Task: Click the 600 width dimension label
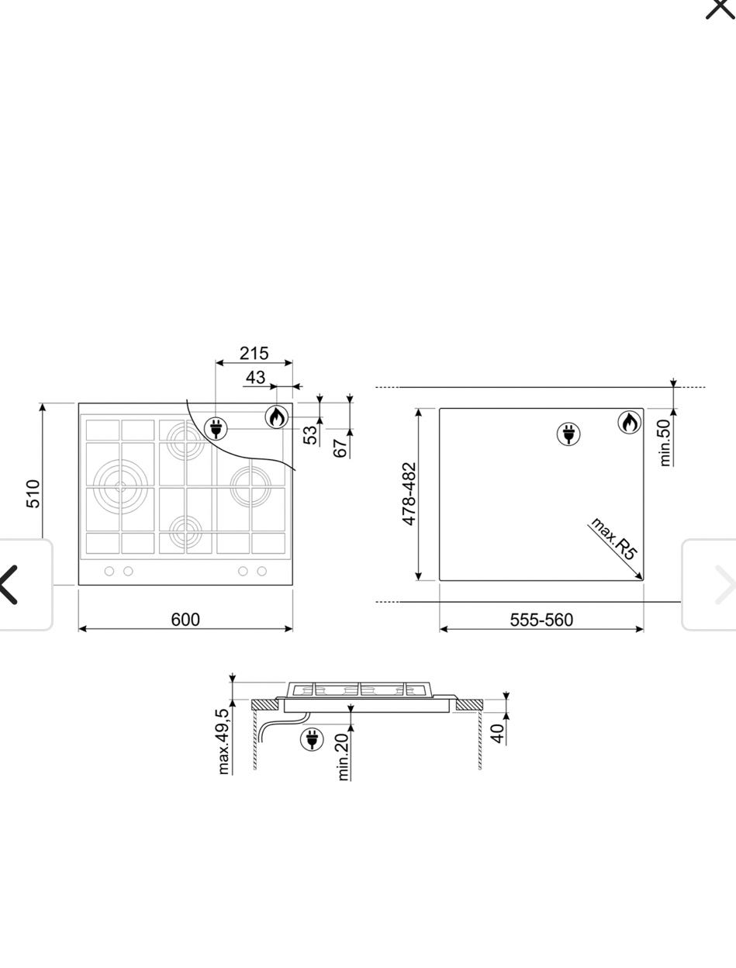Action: pos(185,620)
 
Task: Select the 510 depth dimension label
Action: pos(33,494)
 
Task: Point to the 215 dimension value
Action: pos(254,353)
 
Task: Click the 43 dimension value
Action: pos(255,378)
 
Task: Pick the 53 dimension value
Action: pos(310,435)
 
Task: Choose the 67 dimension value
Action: pos(340,448)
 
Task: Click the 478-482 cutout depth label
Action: pos(409,494)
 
